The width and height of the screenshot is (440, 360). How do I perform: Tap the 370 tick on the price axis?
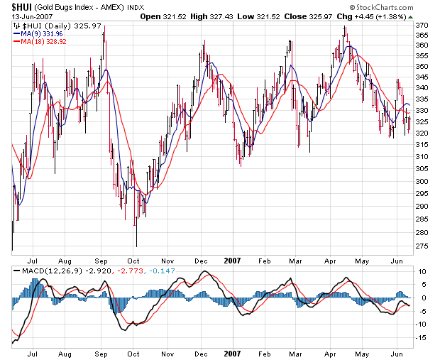[x=422, y=25]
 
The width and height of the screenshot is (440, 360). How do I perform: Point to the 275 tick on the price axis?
[x=422, y=246]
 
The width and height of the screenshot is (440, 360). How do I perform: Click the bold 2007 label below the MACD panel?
[x=232, y=353]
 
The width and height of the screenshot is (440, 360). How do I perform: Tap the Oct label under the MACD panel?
[x=133, y=353]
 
